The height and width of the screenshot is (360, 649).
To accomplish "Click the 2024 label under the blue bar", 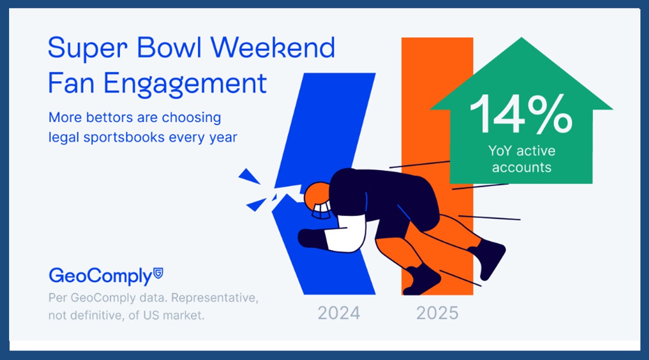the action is point(339,313).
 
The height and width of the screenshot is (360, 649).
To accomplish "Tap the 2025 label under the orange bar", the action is point(437,313).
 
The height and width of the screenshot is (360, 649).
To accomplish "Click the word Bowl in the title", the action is point(169,47).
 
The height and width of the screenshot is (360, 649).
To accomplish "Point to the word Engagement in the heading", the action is point(185,84).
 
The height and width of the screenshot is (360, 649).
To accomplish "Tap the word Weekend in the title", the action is point(273,47).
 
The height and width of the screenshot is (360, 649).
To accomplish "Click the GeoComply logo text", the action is point(101,276).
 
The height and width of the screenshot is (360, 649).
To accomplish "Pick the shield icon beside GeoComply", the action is point(158,273).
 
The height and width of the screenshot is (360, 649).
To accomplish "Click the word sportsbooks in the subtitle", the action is point(124,137).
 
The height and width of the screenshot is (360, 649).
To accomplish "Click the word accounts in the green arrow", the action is point(522,168).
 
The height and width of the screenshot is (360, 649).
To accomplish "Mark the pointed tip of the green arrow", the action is point(522,38).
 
